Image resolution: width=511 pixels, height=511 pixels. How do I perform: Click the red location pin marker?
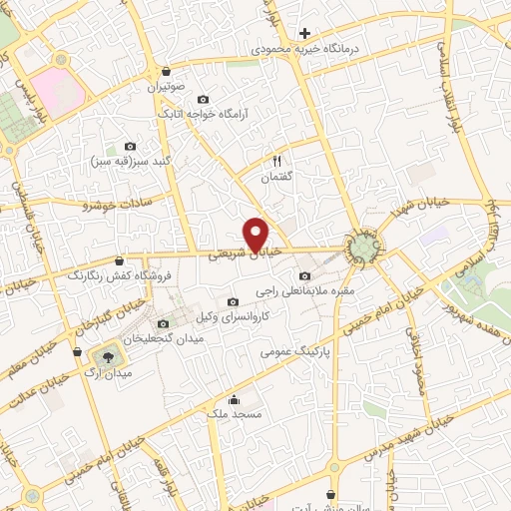[257, 233]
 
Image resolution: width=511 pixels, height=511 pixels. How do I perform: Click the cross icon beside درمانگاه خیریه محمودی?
[304, 33]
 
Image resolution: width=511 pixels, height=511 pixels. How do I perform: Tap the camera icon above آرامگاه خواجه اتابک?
[204, 100]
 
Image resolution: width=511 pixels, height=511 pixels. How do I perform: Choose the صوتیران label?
[167, 87]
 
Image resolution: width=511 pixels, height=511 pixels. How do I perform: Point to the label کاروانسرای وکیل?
[233, 316]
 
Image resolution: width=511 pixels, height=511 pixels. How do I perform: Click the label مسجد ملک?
[234, 413]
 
